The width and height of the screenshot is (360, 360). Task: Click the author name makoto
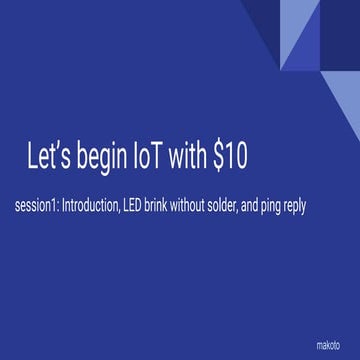click(328, 342)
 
